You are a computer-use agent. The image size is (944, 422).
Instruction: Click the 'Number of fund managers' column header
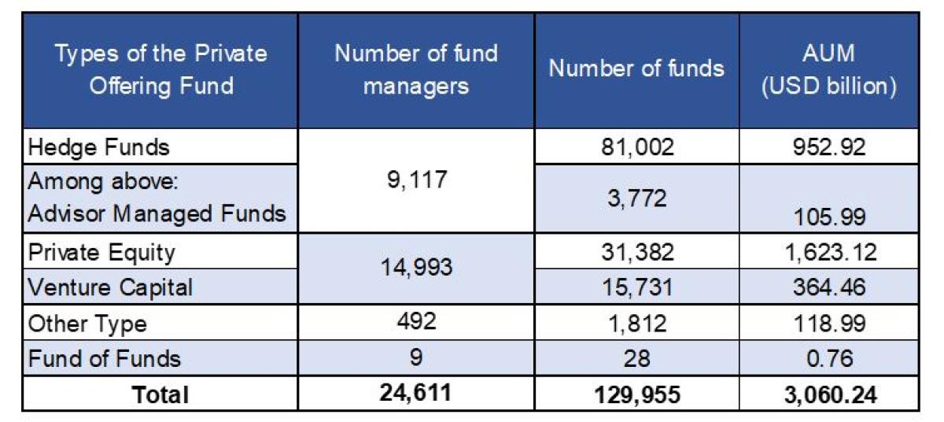click(416, 69)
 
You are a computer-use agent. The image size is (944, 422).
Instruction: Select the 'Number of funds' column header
click(636, 68)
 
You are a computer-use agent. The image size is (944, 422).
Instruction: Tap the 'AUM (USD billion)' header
click(828, 69)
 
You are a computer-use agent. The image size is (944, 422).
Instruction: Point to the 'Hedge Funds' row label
click(98, 147)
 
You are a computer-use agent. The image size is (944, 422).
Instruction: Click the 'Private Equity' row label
click(101, 253)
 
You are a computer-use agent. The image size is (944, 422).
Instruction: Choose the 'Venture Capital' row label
click(110, 287)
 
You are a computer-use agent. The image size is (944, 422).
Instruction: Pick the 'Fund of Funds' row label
click(105, 359)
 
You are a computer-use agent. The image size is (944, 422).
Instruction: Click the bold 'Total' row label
click(160, 394)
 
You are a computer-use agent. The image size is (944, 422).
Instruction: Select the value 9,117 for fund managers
click(416, 181)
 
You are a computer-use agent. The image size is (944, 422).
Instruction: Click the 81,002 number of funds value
click(636, 147)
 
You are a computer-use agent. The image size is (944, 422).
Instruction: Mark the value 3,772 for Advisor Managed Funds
click(636, 198)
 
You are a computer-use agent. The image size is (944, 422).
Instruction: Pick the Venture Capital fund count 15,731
click(636, 287)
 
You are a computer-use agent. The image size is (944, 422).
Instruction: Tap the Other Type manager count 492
click(416, 323)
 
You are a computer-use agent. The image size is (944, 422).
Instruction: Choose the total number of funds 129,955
click(636, 394)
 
